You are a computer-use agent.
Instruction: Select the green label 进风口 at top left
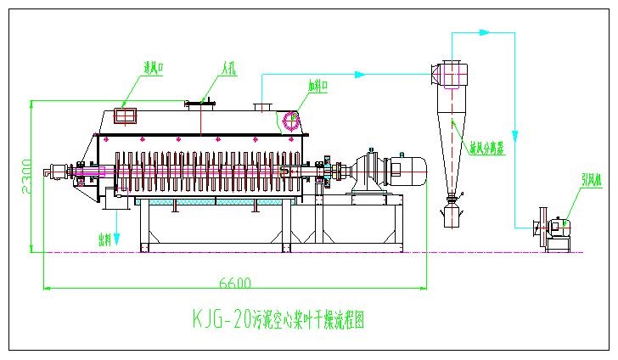point(153,67)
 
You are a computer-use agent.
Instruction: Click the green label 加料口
point(318,85)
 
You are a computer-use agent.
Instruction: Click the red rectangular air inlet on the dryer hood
point(126,115)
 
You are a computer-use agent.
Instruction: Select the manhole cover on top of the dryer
point(200,104)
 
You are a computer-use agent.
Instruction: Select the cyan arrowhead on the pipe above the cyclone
point(484,32)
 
